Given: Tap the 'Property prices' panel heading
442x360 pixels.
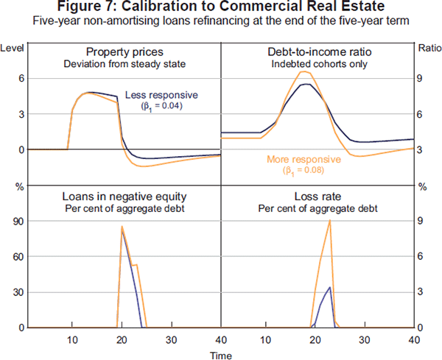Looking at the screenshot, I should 124,52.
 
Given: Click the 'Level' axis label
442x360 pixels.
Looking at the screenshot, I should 13,48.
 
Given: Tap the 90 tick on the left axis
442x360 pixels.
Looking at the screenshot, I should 13,221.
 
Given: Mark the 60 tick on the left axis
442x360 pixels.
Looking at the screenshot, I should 13,256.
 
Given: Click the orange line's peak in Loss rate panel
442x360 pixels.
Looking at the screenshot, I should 330,221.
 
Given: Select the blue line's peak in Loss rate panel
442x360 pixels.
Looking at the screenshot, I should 329,287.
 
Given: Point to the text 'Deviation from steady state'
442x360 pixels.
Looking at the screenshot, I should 124,63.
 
